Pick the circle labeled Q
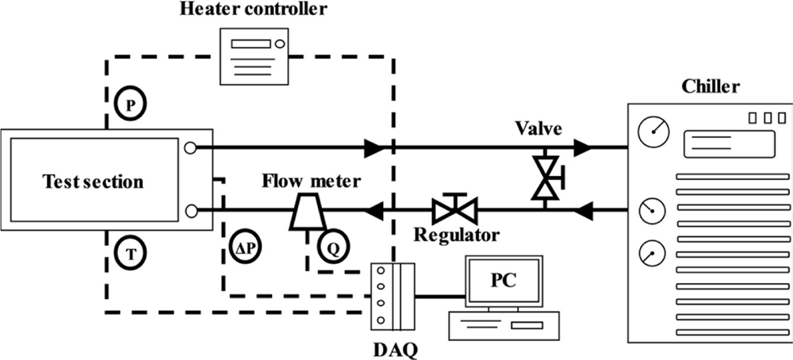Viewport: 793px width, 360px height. tap(333, 247)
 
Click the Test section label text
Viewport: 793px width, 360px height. tap(93, 182)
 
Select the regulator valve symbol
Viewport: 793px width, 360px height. tap(454, 210)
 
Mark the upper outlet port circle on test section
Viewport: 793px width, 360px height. tap(190, 147)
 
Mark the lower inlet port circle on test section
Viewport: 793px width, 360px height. tap(190, 211)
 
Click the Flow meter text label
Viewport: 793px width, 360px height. tap(312, 182)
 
